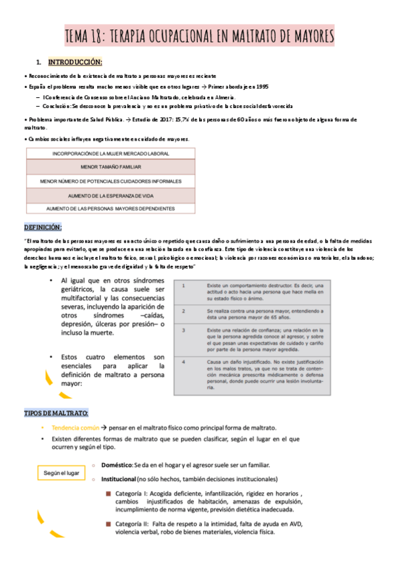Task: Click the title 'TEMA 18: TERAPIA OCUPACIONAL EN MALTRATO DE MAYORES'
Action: coord(199,35)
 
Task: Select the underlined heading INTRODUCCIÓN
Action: coord(75,63)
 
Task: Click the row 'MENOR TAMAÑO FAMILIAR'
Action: coord(111,167)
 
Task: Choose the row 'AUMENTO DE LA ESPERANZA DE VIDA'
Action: coord(111,195)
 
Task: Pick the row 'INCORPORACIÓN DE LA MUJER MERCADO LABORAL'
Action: coord(111,153)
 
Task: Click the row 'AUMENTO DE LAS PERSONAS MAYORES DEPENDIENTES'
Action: coord(111,209)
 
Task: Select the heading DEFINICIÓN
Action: coord(43,227)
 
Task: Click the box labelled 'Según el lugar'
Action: coord(61,472)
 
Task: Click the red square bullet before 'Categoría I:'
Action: coord(107,493)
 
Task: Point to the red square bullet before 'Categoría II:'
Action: coord(107,523)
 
